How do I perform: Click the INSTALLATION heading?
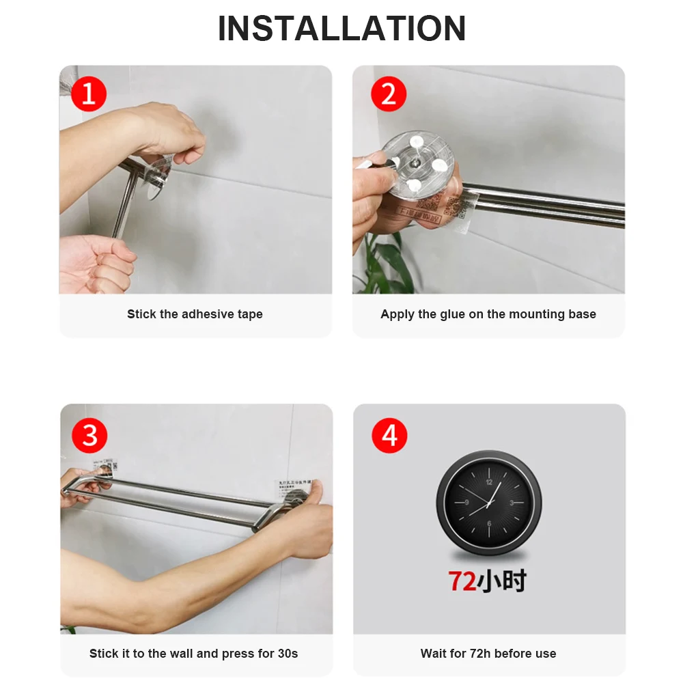[341, 29]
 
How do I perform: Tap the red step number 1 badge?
[89, 94]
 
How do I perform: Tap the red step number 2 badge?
[388, 94]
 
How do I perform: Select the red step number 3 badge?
[89, 434]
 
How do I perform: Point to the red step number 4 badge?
[389, 434]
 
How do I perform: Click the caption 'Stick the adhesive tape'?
[195, 314]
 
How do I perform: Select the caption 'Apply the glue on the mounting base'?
[488, 314]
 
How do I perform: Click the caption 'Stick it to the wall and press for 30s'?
[193, 654]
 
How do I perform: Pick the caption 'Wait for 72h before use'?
[488, 654]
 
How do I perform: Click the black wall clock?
[488, 503]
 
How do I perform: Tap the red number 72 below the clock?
[462, 581]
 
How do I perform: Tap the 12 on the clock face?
[488, 481]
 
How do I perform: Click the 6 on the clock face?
[488, 524]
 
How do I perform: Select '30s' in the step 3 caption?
[286, 654]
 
